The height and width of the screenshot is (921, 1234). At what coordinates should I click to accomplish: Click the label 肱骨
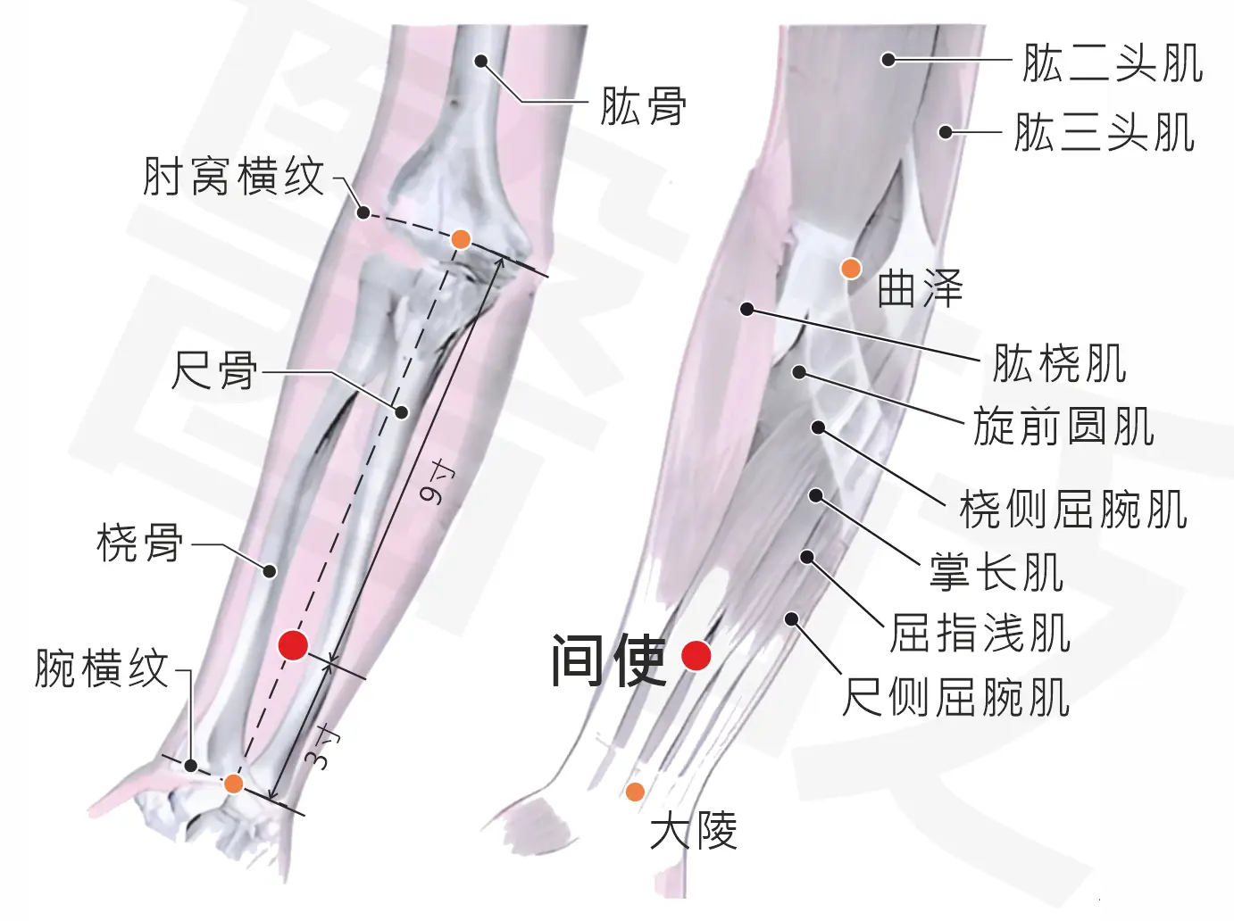[643, 105]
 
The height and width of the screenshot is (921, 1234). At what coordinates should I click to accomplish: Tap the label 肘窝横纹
[233, 177]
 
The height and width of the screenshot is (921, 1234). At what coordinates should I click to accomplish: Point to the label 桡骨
[140, 542]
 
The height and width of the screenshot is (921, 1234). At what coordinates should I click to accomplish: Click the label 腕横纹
[102, 668]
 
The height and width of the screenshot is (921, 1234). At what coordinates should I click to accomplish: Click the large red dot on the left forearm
[294, 645]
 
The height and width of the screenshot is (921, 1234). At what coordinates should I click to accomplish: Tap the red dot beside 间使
[696, 655]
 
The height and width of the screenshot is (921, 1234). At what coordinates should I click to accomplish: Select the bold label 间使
[609, 660]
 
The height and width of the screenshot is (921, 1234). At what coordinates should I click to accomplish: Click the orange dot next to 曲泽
[851, 269]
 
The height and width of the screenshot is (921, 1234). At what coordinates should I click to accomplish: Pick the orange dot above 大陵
[635, 792]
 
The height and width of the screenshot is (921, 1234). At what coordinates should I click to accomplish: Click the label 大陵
[694, 830]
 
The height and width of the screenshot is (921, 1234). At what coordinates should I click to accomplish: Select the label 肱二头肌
[1113, 63]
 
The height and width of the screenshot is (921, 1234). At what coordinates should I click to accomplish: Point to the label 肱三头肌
[1105, 133]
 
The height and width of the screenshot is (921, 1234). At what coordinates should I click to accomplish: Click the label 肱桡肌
[1060, 363]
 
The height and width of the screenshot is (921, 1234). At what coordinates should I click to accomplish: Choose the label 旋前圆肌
[1064, 426]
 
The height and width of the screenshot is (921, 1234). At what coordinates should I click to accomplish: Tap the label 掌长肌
[996, 571]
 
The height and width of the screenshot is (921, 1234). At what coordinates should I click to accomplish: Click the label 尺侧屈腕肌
[955, 697]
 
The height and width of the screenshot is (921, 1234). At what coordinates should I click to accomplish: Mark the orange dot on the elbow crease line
[461, 239]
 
